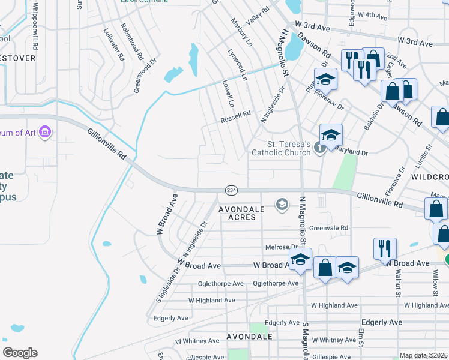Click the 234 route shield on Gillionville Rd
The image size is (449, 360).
[x=231, y=190]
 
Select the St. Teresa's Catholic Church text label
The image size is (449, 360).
[x=289, y=148]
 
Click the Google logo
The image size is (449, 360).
[x=20, y=353]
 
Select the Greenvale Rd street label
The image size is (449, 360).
[x=328, y=228]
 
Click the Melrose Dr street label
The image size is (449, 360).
[x=281, y=247]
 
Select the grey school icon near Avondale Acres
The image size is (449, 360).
[x=281, y=205]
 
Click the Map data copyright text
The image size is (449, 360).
[x=424, y=355]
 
